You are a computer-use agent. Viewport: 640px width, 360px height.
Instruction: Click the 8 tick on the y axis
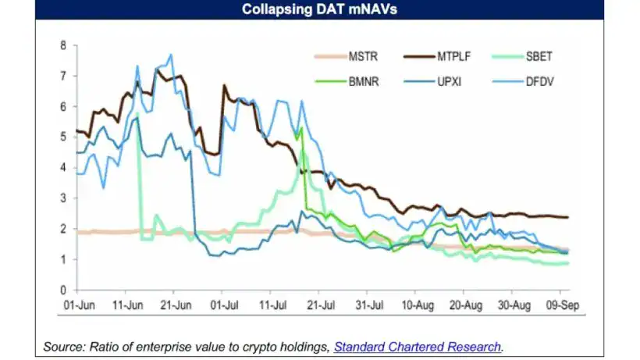(63, 45)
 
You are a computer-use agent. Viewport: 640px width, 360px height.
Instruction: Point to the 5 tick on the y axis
(63, 137)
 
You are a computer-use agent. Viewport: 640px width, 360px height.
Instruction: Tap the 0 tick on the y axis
(63, 290)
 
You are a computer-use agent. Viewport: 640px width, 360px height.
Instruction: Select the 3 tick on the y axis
(63, 198)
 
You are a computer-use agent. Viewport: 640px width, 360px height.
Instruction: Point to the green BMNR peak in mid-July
(301, 129)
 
